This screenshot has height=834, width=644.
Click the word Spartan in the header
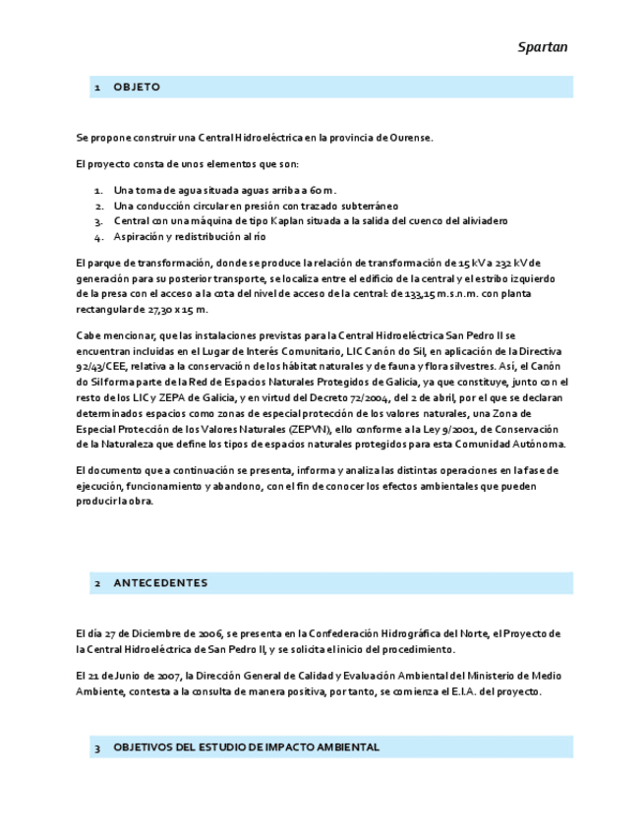543,47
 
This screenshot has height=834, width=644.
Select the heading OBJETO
137,88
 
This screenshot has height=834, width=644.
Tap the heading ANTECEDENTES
160,583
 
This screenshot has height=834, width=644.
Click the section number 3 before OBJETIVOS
97,748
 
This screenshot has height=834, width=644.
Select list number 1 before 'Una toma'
98,190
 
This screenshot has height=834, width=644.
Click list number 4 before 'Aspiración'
98,237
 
